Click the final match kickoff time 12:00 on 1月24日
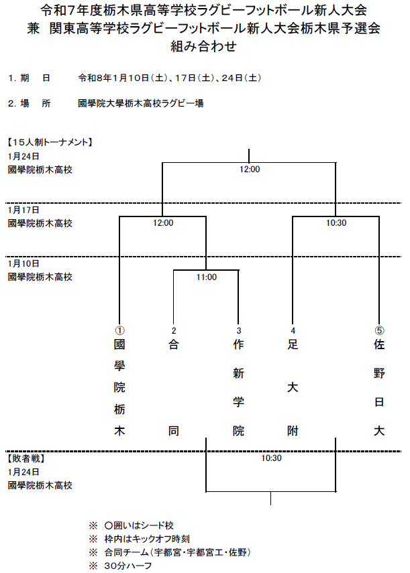pos(249,170)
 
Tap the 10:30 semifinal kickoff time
pos(336,223)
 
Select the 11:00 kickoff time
pos(206,277)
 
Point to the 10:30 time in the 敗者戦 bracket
pos(271,459)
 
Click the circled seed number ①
pos(119,330)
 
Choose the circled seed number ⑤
pos(379,330)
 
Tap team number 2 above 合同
pos(173,330)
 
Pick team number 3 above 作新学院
pos(238,330)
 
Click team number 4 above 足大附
pos(293,330)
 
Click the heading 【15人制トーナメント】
pos(49,142)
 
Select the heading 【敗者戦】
pos(25,459)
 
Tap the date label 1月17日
pos(23,210)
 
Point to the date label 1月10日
pos(23,263)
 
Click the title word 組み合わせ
pos(205,46)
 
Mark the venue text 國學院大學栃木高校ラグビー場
pos(141,103)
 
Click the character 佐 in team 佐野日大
pos(379,346)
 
